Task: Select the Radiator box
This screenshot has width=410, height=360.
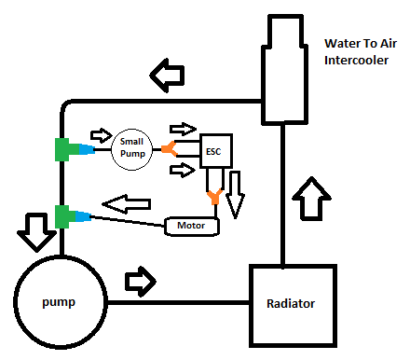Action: [x=292, y=304]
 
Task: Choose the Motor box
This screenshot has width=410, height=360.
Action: [x=191, y=226]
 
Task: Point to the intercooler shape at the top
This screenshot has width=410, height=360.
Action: [x=284, y=70]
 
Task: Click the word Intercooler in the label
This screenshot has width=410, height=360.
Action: [x=358, y=62]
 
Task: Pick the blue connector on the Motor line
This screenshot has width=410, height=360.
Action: [x=84, y=217]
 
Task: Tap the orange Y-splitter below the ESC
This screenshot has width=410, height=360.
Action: [x=214, y=197]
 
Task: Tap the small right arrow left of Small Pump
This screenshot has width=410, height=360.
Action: [x=98, y=134]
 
